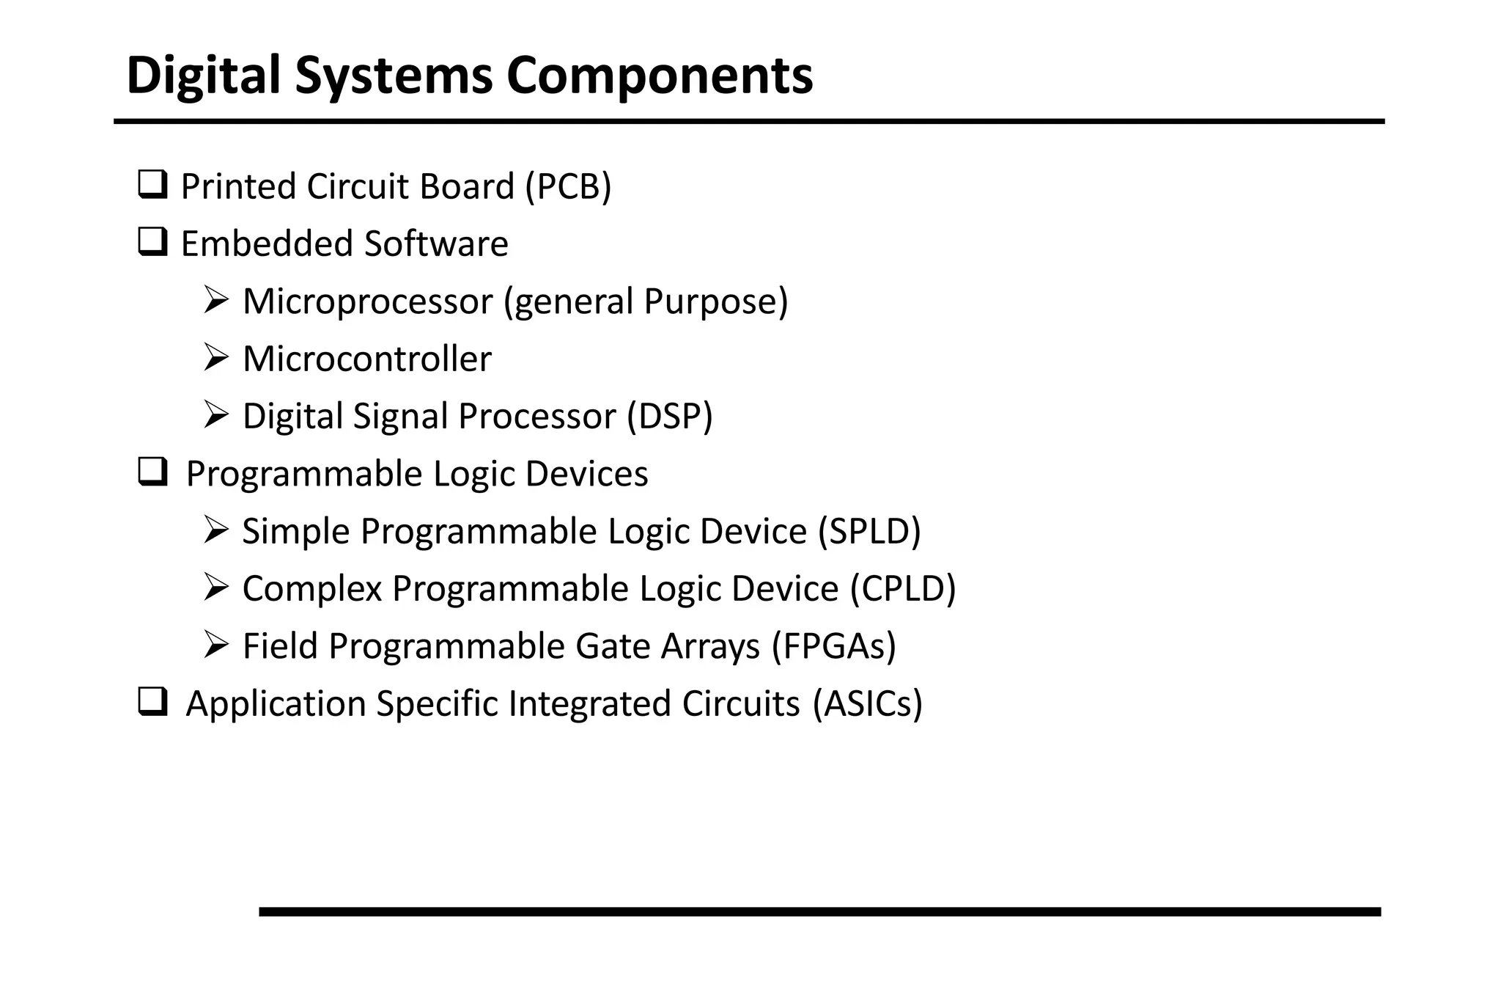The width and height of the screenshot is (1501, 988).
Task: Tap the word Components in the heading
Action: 659,76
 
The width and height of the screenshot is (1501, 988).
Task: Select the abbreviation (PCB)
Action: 568,186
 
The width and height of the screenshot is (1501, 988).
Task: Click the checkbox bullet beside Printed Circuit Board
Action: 152,184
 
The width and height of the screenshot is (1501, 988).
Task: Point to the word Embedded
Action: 267,244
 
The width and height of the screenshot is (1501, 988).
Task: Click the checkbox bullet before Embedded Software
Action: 152,241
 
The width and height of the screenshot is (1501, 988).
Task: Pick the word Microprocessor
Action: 367,301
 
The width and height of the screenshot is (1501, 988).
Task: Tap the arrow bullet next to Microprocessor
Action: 216,299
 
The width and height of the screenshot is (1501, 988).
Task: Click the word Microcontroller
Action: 366,359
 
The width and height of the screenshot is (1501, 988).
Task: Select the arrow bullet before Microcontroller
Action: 216,357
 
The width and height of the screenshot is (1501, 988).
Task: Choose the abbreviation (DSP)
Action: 669,416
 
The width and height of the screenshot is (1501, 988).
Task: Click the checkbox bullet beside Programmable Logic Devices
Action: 152,472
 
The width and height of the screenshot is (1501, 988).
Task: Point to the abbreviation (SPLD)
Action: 869,531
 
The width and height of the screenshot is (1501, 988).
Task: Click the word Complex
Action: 312,589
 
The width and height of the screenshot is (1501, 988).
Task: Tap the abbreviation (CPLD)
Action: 903,589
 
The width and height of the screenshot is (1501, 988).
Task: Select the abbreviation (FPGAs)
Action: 833,646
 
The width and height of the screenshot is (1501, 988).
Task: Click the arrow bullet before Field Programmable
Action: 216,644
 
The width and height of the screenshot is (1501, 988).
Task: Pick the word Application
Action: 276,704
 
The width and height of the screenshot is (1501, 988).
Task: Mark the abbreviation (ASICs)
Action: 867,703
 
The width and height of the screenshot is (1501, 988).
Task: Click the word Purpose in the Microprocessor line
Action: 715,301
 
